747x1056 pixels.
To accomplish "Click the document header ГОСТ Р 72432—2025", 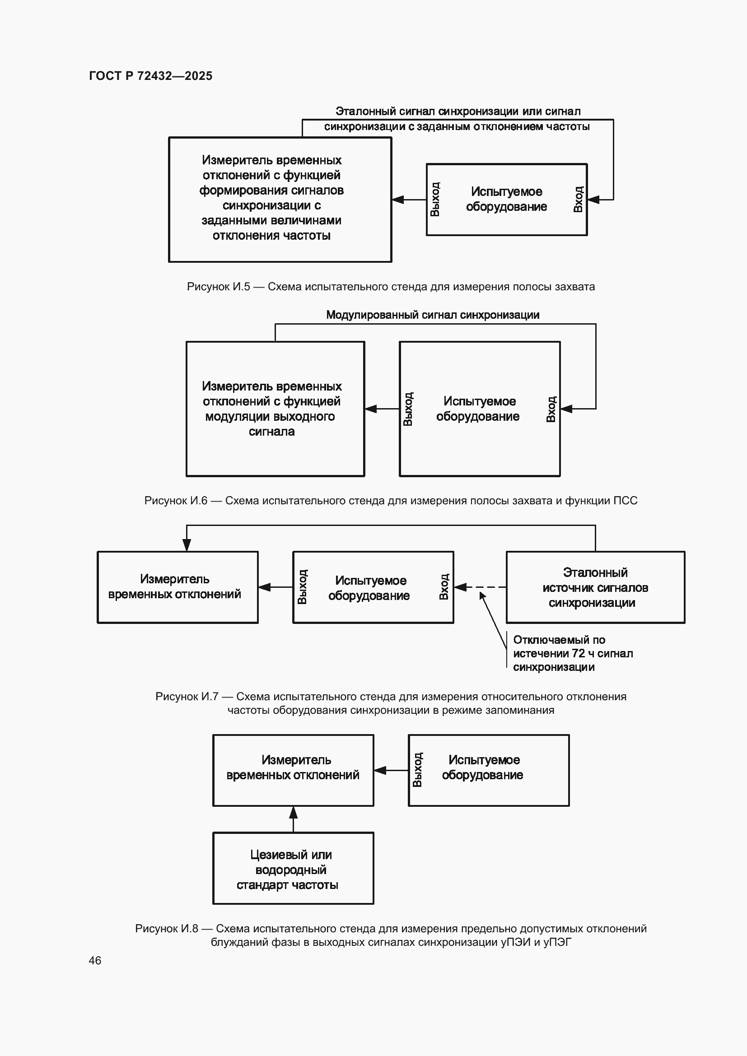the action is coord(150,76).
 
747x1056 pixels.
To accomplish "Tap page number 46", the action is coord(95,960).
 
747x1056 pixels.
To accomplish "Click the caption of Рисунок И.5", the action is coord(391,287).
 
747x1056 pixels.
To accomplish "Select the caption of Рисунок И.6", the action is coord(391,500).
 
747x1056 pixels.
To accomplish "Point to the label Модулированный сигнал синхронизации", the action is coord(432,315).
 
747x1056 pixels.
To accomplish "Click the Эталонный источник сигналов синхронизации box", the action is coord(595,587).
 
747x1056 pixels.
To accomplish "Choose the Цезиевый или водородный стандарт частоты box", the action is coord(293,868).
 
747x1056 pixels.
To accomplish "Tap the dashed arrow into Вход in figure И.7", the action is coord(480,587).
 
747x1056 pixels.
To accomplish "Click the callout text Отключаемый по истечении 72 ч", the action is coord(573,653).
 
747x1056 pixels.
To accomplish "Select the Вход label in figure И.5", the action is coord(578,199).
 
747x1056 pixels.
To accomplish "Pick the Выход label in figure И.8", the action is coord(417,770).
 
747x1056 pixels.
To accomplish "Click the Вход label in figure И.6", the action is coord(551,409).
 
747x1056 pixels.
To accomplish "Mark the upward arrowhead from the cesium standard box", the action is coord(293,813).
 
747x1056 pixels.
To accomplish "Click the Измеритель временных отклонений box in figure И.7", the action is coord(177,587).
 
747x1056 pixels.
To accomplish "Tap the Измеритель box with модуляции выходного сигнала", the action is coord(275,409).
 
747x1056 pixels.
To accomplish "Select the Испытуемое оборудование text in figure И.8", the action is coord(483,767).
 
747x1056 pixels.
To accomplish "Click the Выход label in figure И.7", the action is coord(302,587).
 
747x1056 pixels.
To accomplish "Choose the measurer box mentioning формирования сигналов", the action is coord(280,200).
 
